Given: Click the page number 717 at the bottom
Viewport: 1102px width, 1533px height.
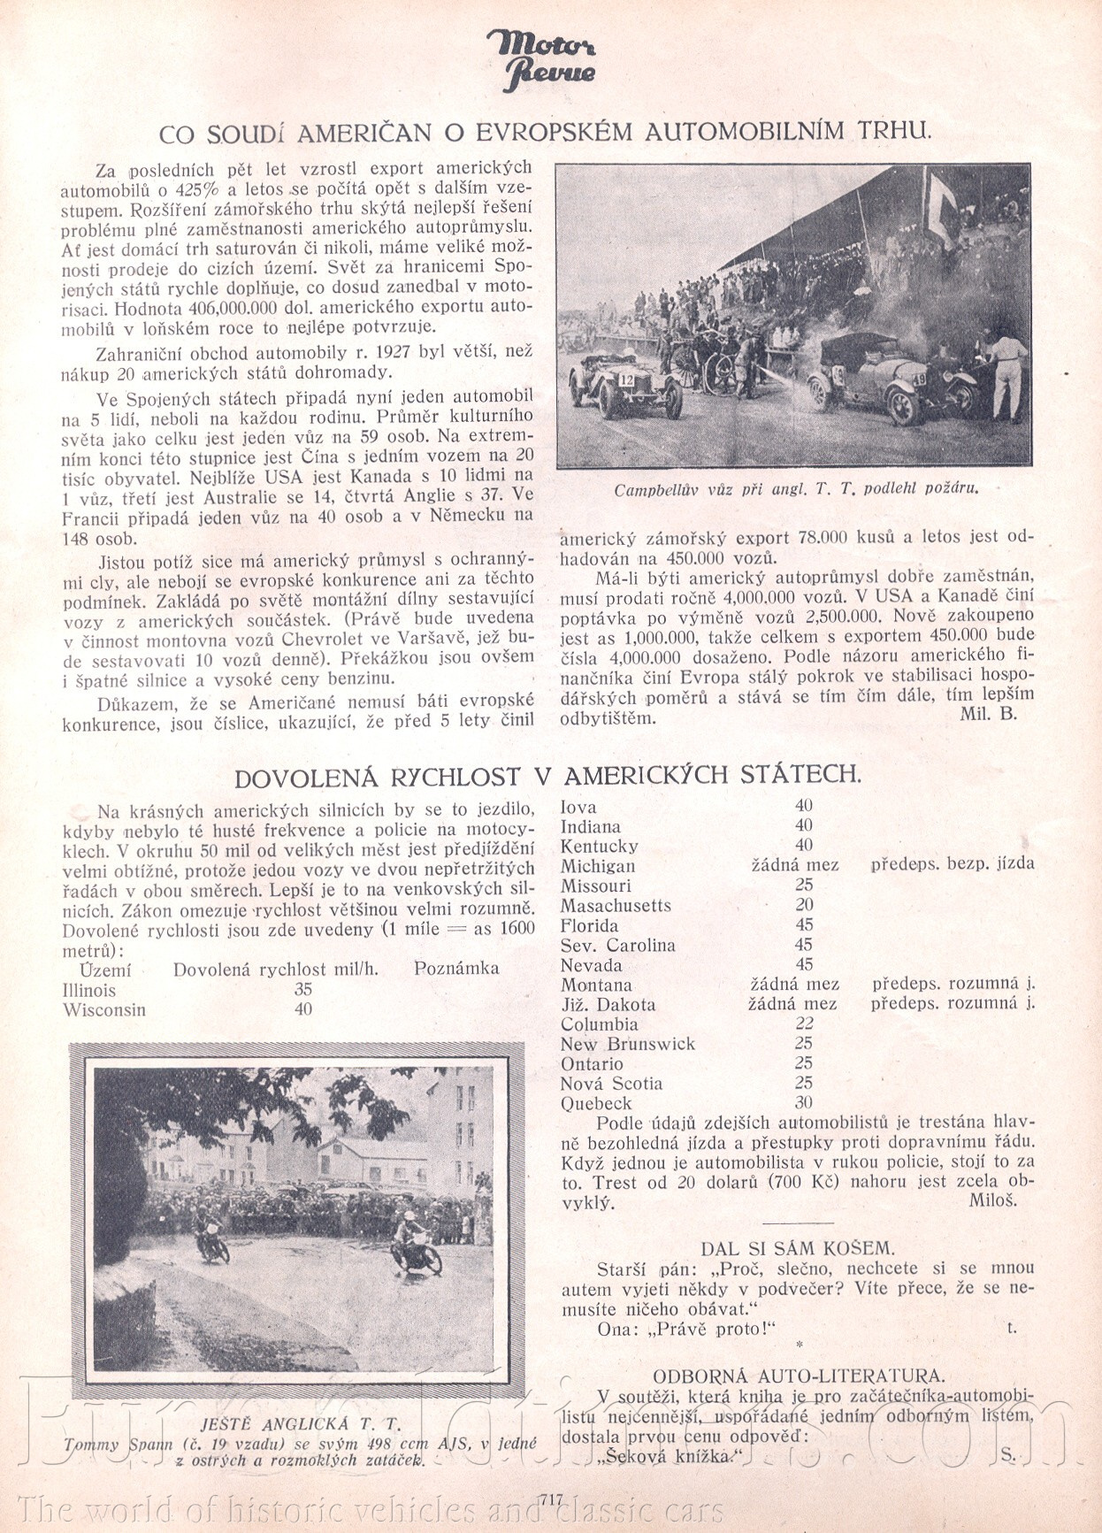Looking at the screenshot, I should [x=549, y=1499].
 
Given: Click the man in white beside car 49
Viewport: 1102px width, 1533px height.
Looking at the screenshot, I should [x=1006, y=375].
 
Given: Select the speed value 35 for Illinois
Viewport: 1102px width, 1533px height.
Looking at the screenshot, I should [x=303, y=990].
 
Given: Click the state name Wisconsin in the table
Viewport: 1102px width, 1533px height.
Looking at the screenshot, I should [x=103, y=1010].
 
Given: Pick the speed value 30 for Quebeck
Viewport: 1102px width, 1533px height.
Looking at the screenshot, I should [x=803, y=1103].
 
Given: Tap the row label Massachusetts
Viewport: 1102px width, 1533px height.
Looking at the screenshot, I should [x=616, y=906].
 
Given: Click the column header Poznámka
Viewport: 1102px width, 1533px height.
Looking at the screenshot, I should [x=455, y=969].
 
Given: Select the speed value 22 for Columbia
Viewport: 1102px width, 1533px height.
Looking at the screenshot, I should [x=803, y=1023].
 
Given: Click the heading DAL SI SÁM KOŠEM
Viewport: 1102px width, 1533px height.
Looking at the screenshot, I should [x=797, y=1248].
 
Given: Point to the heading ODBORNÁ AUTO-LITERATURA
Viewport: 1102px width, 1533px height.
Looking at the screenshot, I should [x=798, y=1376].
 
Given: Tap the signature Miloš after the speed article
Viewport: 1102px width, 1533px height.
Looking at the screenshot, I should [x=992, y=1200].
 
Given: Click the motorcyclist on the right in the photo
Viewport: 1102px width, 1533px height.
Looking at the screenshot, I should [x=413, y=1243].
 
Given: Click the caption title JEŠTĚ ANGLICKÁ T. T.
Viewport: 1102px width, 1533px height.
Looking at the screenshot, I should [x=301, y=1425].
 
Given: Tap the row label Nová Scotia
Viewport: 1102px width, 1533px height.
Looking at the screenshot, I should [x=611, y=1084].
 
